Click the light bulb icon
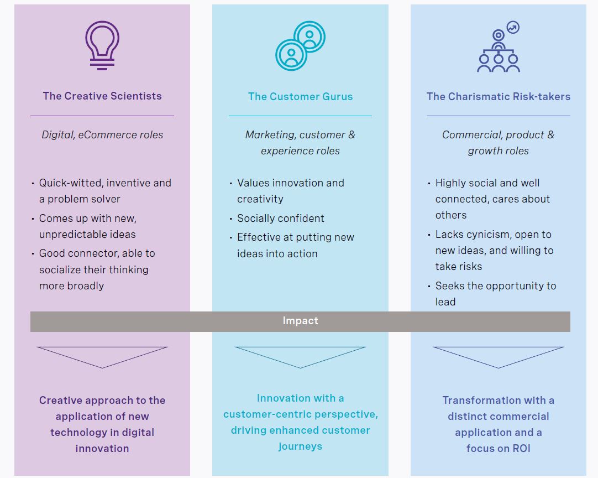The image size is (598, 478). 102,45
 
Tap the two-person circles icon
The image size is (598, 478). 300,45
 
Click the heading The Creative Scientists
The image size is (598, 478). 102,96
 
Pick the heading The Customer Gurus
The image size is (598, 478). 300,96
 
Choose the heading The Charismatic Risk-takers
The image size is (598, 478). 498,96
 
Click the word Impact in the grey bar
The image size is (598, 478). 300,321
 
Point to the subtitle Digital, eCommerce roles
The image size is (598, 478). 102,134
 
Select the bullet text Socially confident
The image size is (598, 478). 281,218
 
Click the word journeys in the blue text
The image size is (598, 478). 300,446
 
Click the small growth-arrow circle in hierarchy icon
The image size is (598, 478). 513,27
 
